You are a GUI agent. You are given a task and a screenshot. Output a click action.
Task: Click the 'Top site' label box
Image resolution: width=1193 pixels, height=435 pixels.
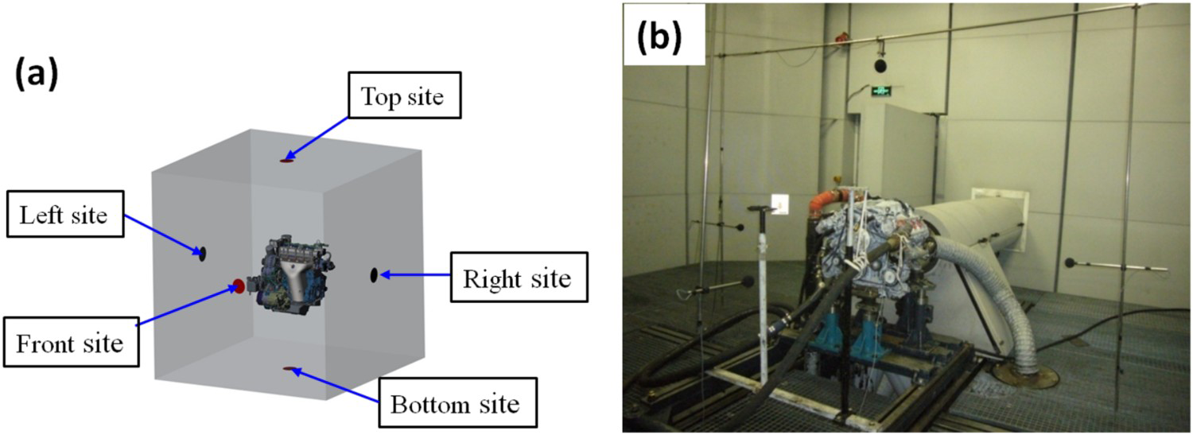[404, 95]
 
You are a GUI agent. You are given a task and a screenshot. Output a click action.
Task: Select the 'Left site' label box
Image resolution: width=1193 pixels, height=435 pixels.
[65, 214]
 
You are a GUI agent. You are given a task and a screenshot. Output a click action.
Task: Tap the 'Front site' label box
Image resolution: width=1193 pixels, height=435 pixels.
[71, 343]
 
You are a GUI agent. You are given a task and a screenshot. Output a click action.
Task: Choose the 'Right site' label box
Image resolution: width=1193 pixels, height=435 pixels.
[519, 277]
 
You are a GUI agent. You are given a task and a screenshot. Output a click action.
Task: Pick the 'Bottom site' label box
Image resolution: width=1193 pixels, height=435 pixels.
[457, 402]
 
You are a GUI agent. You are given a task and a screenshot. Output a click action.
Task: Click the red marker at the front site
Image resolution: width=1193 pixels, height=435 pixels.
[239, 286]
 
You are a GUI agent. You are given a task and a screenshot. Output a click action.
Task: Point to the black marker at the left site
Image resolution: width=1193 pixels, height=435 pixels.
[202, 254]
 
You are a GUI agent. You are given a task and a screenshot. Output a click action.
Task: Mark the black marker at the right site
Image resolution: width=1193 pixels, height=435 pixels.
[374, 274]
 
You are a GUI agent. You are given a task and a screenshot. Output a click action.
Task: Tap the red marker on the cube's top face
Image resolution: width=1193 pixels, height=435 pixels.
[287, 161]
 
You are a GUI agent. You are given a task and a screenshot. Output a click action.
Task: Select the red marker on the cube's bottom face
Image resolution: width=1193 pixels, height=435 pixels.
[290, 368]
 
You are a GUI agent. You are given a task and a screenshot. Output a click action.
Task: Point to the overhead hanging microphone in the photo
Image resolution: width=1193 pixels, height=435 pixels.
[880, 65]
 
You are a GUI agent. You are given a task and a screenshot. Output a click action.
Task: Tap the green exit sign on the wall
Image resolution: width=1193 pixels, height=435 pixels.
[881, 91]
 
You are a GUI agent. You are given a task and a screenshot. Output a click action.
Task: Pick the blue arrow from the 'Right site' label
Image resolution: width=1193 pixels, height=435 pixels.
[415, 274]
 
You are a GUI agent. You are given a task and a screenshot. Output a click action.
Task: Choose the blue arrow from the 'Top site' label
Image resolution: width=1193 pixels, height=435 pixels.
[316, 138]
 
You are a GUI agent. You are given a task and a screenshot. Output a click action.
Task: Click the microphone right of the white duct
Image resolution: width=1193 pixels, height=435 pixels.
[1070, 262]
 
